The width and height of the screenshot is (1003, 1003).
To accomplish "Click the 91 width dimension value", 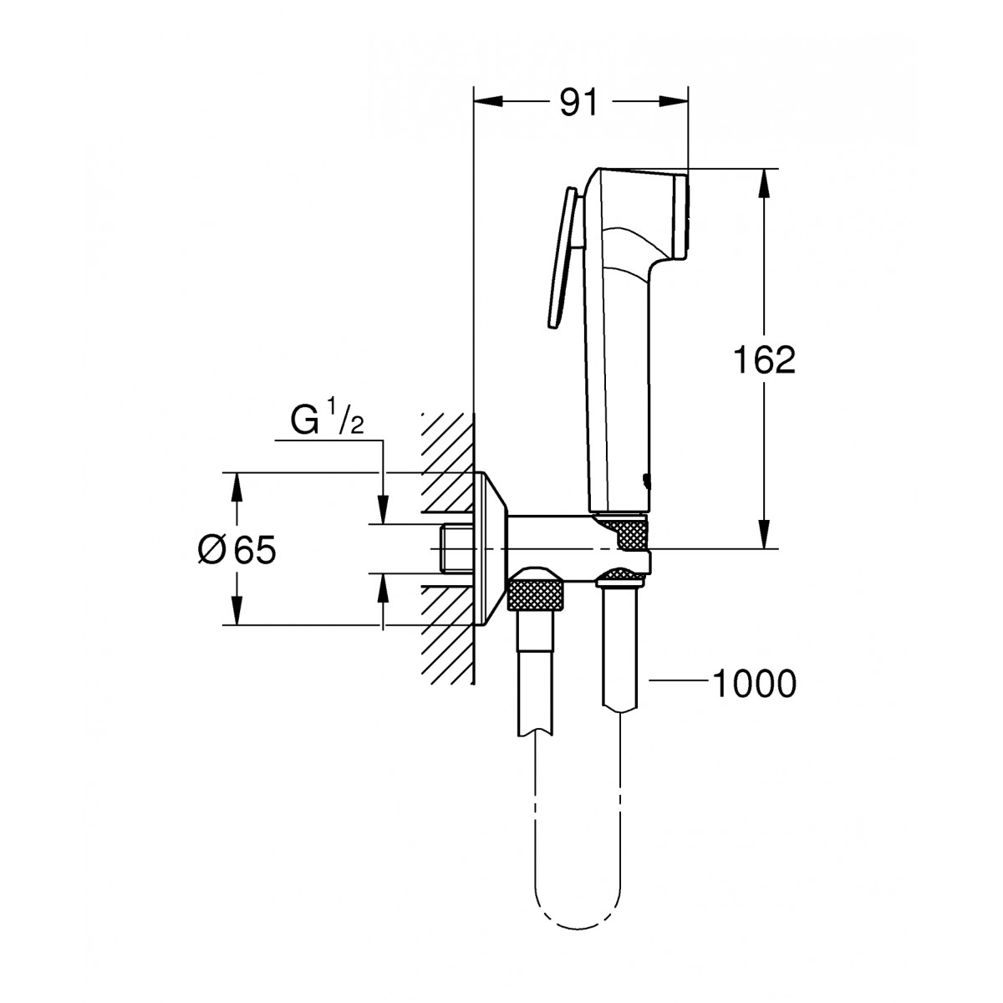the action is point(578,103).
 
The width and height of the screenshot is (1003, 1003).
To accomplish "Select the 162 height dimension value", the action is point(764,359).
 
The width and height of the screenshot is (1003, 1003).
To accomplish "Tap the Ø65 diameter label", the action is point(237,550).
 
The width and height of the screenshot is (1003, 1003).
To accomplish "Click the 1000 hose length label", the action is point(754,684).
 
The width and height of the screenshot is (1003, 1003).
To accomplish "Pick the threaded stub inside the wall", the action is point(456,549).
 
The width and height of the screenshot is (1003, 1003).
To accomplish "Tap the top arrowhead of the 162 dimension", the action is point(764,183).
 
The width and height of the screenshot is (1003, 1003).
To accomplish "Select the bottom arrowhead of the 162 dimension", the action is point(764,534).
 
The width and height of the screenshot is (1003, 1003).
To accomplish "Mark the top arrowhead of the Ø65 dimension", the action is point(237,487).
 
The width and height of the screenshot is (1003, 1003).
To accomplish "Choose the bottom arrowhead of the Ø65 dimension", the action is point(237,610).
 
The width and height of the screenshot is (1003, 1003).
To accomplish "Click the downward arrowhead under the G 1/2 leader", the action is point(383,509).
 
